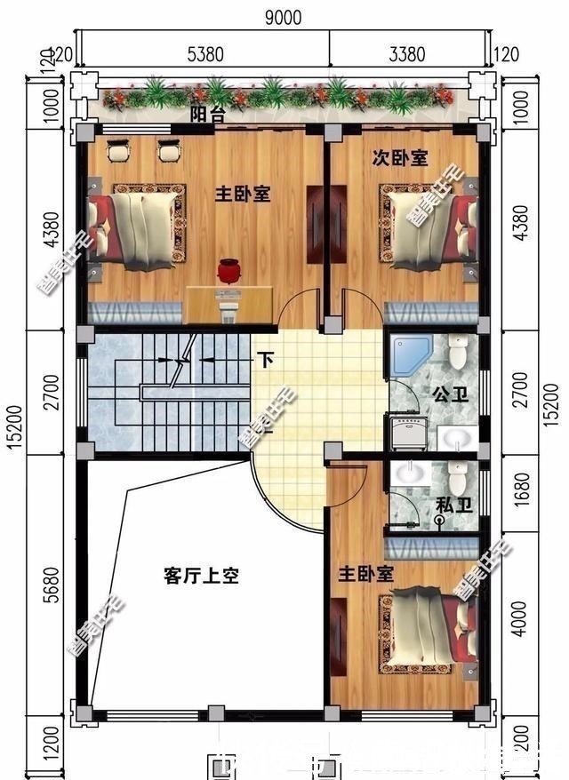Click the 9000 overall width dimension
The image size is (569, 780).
(x=283, y=17)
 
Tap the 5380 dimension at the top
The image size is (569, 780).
(x=204, y=55)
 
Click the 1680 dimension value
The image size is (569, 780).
(x=522, y=493)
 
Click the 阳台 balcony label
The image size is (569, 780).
(x=206, y=115)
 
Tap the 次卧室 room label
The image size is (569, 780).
(x=399, y=159)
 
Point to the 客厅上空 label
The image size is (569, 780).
(x=201, y=576)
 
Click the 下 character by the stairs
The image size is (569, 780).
(x=265, y=361)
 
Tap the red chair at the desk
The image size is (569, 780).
(x=230, y=270)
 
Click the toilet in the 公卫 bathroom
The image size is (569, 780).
(x=459, y=353)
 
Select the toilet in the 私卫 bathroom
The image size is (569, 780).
(x=457, y=480)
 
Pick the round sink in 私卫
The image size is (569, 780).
(x=410, y=474)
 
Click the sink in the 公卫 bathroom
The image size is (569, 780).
(x=456, y=437)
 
